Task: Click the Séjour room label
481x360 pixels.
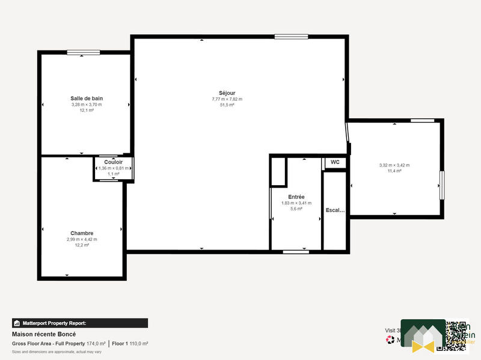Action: point(227,93)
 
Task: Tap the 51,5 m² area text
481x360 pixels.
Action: point(227,105)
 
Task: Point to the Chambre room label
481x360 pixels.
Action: point(82,233)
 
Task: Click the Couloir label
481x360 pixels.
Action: point(114,162)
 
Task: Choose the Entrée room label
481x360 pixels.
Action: point(296,197)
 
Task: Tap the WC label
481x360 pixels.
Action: point(335,162)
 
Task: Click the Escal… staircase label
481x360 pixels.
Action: point(335,210)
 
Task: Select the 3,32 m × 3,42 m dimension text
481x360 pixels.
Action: point(394,165)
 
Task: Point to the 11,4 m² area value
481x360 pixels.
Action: point(394,171)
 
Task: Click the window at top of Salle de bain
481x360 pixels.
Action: point(84,52)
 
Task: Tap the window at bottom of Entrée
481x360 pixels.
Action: point(296,251)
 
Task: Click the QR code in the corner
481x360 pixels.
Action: point(455,334)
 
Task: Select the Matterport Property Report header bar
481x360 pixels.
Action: point(80,323)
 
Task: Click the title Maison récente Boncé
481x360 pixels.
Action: point(44,334)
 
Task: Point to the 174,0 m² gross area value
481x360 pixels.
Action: point(96,344)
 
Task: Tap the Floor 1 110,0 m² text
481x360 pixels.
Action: point(130,344)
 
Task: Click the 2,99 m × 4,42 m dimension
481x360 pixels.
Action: point(82,239)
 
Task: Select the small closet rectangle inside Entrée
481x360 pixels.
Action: point(278,172)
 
